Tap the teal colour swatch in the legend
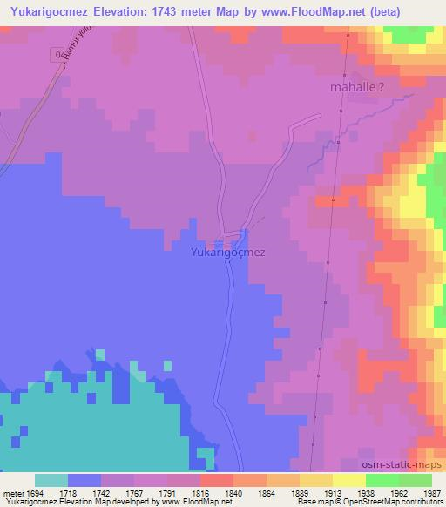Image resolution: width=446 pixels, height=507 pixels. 51,480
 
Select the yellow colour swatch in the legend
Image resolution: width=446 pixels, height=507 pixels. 348,480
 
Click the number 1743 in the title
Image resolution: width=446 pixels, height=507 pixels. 183,11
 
